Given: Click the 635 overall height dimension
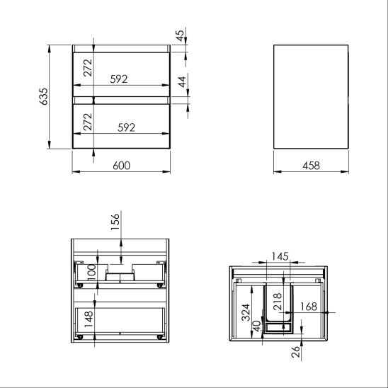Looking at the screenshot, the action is (x=43, y=96).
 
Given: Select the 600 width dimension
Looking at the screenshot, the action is (x=121, y=166).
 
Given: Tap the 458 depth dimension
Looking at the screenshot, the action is (x=311, y=166).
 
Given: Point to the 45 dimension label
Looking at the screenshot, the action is (x=180, y=35).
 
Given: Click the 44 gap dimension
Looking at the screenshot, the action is (x=182, y=82).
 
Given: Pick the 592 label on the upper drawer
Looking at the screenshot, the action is (x=119, y=79).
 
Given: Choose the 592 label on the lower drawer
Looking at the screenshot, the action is (x=127, y=127).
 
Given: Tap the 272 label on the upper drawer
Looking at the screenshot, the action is (x=88, y=67).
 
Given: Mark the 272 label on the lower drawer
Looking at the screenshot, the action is (x=88, y=122).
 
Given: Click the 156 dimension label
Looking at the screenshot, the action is (x=115, y=222).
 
